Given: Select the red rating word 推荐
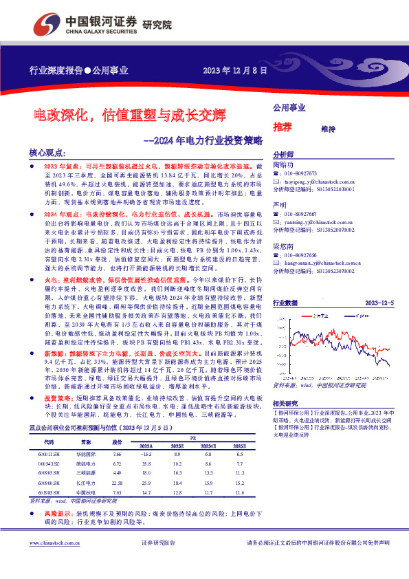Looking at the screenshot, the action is tap(283, 127).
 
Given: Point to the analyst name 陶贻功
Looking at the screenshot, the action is tap(283, 165).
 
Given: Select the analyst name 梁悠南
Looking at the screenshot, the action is tap(283, 245).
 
